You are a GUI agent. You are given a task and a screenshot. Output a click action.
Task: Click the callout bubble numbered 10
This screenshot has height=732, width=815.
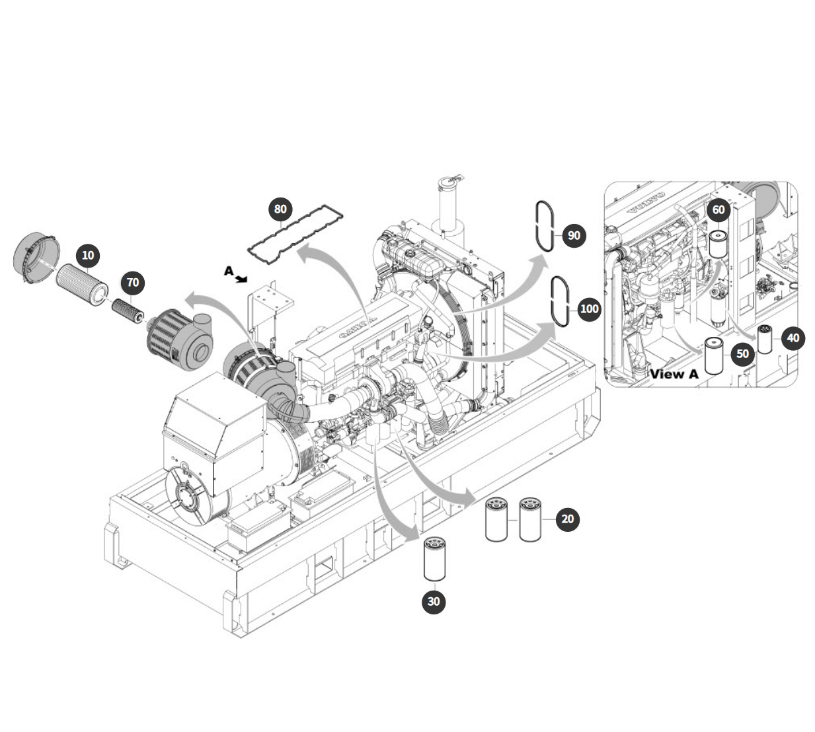click(88, 256)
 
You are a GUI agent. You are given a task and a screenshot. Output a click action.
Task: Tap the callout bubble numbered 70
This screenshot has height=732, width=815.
click(133, 283)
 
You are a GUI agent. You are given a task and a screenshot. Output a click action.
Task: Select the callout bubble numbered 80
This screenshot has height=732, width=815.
click(280, 209)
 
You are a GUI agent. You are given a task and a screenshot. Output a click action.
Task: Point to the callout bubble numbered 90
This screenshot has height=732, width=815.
click(574, 236)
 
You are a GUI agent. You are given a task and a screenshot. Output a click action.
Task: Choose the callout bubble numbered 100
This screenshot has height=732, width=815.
click(590, 309)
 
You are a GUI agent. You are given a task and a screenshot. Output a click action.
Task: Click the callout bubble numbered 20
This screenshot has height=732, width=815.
click(567, 519)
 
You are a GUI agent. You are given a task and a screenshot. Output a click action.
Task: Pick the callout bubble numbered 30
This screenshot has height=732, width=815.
click(433, 601)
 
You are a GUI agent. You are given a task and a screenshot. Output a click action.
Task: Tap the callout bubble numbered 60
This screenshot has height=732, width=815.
click(718, 209)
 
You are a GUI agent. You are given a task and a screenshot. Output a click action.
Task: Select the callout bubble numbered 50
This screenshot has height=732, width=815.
click(742, 354)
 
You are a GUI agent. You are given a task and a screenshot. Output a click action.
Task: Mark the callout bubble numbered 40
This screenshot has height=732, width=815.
click(793, 338)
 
